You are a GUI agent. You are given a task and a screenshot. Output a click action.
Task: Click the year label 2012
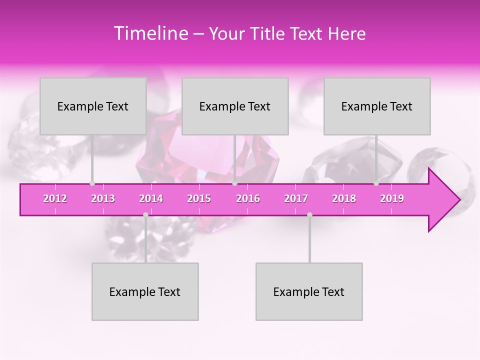[x=55, y=198]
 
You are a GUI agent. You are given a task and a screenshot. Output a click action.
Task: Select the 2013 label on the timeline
[x=103, y=198]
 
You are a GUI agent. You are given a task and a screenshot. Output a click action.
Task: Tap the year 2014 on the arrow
[x=151, y=198]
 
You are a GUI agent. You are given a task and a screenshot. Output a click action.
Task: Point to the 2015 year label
[x=199, y=198]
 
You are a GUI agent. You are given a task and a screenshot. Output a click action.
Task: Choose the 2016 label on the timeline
[x=248, y=198]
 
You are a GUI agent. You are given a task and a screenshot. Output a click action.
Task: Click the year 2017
[x=296, y=198]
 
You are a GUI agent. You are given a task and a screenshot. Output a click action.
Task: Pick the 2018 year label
[x=344, y=198]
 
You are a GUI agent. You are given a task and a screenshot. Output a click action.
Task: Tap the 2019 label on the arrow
[x=392, y=198]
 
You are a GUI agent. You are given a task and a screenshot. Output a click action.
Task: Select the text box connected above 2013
[x=93, y=106]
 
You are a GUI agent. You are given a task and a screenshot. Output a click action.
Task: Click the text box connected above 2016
[x=235, y=106]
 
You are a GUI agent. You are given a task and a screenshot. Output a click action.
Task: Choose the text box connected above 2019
[x=377, y=106]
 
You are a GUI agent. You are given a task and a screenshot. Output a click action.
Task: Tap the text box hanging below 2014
[x=145, y=291]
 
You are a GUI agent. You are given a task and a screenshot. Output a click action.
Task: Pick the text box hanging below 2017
[x=309, y=291]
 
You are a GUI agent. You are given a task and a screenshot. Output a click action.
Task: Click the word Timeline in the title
[x=150, y=33]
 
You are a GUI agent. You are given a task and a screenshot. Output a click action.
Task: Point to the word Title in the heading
[x=270, y=33]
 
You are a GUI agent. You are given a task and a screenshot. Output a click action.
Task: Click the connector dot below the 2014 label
[x=145, y=214]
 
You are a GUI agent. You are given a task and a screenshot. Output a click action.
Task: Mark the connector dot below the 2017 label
[x=309, y=214]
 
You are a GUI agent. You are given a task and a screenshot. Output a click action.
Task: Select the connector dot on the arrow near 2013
[x=92, y=183]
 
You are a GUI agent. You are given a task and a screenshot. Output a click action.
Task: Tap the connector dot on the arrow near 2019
[x=376, y=183]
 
